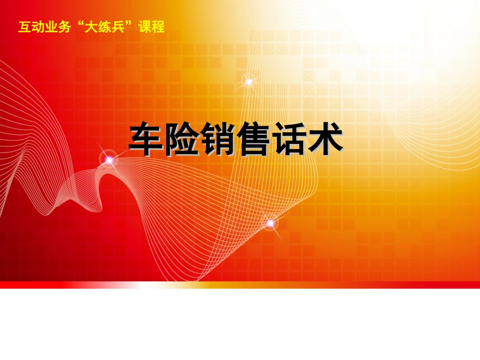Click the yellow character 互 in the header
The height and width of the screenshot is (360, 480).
(25, 27)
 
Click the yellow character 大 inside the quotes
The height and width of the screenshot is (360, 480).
(91, 27)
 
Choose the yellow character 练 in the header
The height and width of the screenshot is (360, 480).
(104, 27)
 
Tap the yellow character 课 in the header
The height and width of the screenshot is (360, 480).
(145, 27)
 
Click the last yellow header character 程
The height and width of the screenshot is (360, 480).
(158, 27)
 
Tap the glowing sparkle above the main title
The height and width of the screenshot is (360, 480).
(249, 82)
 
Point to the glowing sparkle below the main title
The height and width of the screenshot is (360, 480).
(271, 224)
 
